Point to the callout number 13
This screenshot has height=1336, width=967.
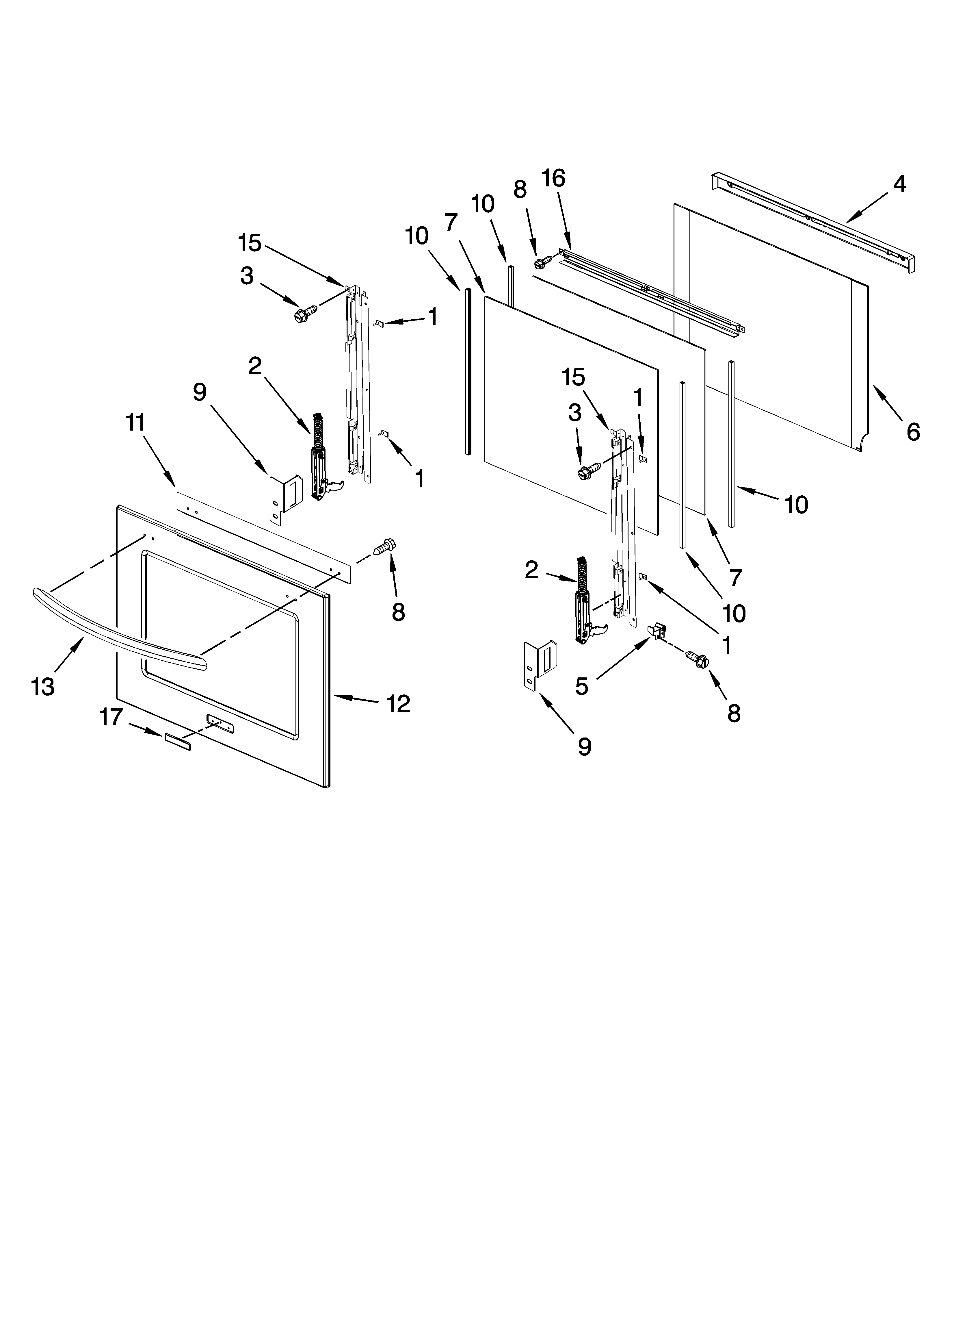[43, 686]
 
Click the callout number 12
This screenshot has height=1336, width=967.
[398, 704]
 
